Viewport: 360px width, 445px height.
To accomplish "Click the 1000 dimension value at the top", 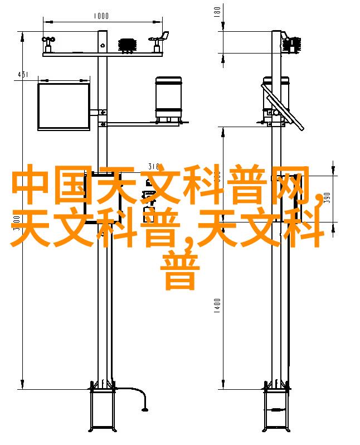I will point(101,16).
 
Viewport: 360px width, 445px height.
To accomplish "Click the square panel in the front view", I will point(64,106).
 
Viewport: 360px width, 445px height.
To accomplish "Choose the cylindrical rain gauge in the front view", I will point(168,98).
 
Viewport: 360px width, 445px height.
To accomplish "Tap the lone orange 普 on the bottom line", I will point(180,272).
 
